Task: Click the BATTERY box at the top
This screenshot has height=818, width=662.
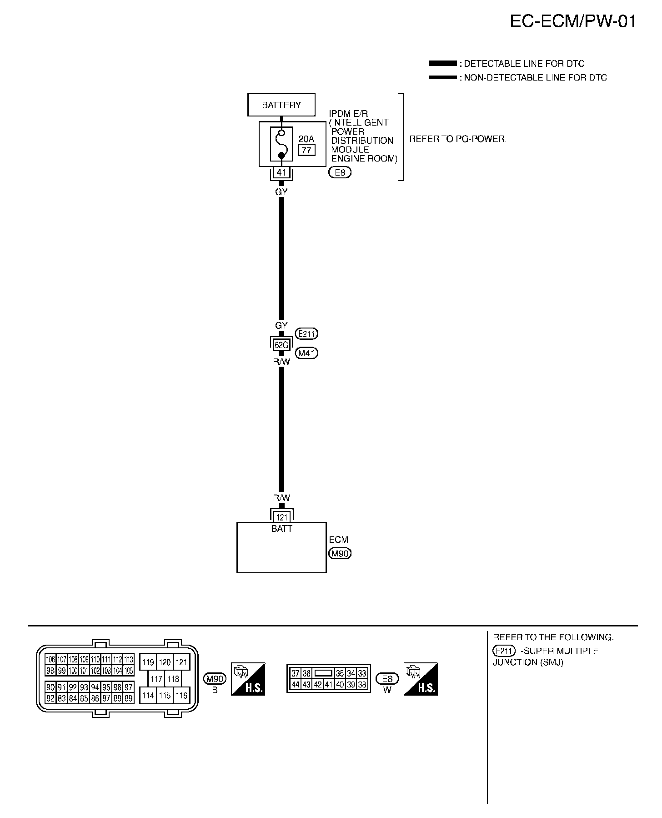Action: pos(281,105)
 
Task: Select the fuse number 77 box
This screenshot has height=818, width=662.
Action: pos(306,150)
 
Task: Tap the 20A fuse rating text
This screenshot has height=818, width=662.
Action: pos(306,139)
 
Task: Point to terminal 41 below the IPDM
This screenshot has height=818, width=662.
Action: pos(281,173)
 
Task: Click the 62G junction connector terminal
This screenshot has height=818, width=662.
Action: pos(281,345)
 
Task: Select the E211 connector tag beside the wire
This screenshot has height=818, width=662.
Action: pos(306,334)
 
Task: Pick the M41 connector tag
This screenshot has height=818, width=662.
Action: pos(306,353)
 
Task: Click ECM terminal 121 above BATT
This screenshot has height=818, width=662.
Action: pos(282,517)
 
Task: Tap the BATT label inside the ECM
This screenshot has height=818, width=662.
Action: pos(282,529)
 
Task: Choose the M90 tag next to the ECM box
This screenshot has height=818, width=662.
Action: pos(340,554)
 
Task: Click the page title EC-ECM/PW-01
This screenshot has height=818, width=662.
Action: pos(573,21)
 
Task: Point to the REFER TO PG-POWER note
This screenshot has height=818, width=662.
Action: pos(458,139)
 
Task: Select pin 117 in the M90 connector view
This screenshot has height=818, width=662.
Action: pos(156,679)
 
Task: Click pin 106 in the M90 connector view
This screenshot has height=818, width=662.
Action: pos(50,659)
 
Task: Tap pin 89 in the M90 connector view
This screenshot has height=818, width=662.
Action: pos(129,698)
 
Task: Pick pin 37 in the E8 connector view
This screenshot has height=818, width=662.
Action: pos(296,673)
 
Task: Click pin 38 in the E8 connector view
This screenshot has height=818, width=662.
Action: pos(362,684)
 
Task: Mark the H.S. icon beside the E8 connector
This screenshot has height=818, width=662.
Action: pos(421,679)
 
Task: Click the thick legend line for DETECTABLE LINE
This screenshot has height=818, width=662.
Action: pos(442,63)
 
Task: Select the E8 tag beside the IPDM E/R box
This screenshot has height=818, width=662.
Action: pos(340,173)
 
